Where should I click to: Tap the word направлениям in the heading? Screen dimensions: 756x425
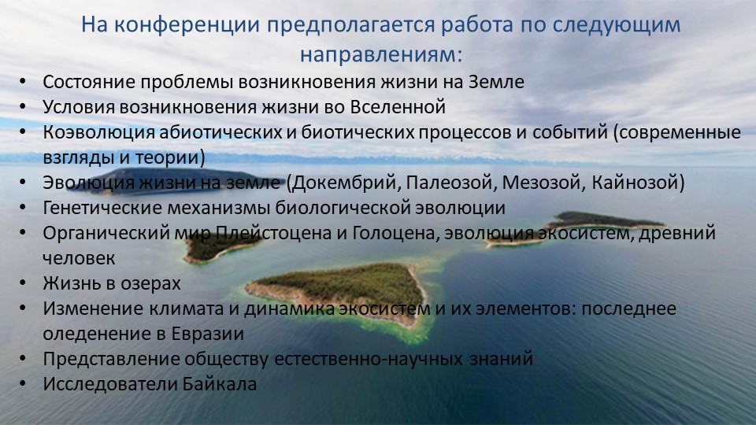click(x=381, y=54)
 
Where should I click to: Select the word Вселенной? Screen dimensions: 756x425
click(x=398, y=107)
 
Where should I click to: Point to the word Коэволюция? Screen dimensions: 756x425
click(x=98, y=132)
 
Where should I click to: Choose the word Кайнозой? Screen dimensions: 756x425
click(x=633, y=183)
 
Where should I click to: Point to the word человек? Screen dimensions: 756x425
click(x=79, y=259)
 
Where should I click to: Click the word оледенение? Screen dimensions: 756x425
click(x=97, y=334)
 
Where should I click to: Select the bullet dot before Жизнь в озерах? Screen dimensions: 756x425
click(x=23, y=283)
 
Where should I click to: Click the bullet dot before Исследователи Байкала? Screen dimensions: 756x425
click(x=23, y=384)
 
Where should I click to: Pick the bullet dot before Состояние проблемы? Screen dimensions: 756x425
click(x=23, y=82)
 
